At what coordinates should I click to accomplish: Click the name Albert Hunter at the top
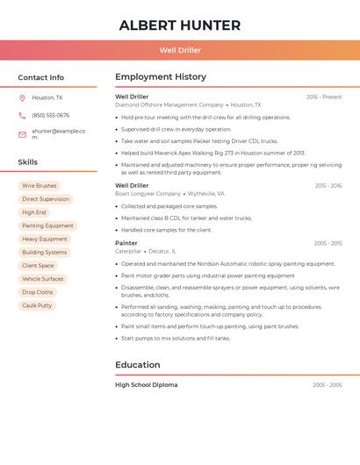(x=180, y=25)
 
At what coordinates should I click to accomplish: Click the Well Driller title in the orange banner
(x=180, y=50)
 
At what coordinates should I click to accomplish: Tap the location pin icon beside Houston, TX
(x=22, y=98)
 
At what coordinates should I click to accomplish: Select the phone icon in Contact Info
(x=22, y=115)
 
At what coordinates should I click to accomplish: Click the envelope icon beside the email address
(x=22, y=134)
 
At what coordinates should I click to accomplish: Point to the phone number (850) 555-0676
(x=50, y=115)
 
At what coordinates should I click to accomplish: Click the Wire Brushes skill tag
(x=40, y=186)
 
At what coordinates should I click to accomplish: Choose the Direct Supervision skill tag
(x=46, y=199)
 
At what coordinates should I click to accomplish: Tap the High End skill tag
(x=34, y=212)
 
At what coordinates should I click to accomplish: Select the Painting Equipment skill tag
(x=47, y=225)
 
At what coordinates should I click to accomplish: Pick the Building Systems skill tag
(x=45, y=253)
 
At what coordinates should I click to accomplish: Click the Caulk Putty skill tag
(x=37, y=305)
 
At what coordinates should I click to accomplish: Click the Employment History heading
(x=161, y=77)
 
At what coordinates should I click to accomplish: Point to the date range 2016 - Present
(x=324, y=97)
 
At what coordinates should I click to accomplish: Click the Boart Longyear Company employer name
(x=148, y=194)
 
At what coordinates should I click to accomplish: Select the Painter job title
(x=126, y=243)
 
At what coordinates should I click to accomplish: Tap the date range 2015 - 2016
(x=328, y=186)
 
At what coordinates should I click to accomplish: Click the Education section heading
(x=138, y=365)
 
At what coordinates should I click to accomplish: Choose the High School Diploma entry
(x=146, y=385)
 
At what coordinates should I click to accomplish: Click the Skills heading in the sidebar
(x=28, y=162)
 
